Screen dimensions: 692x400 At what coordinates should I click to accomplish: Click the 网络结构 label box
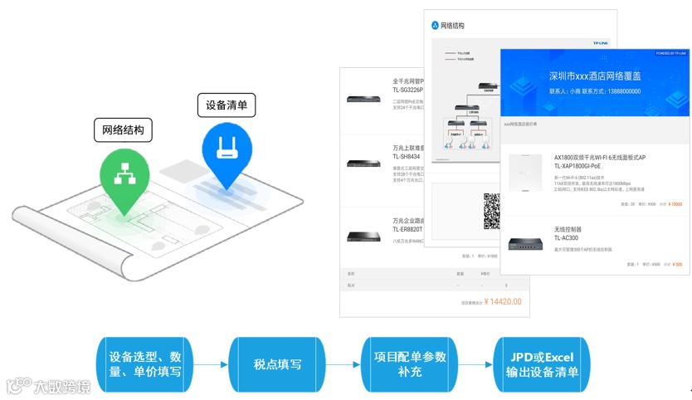(123, 130)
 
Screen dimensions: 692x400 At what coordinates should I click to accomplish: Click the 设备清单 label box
(227, 105)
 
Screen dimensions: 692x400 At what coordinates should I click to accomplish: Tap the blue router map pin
(227, 150)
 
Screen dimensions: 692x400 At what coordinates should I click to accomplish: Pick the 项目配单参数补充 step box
(410, 364)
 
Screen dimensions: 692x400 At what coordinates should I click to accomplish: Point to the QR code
(492, 212)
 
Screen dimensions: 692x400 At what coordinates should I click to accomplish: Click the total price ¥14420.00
(503, 302)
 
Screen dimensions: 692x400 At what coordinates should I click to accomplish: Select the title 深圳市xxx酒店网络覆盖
(595, 76)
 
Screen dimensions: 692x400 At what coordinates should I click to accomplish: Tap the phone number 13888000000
(624, 91)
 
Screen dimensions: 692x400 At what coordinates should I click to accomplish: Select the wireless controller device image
(525, 244)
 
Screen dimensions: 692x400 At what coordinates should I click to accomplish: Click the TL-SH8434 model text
(407, 157)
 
